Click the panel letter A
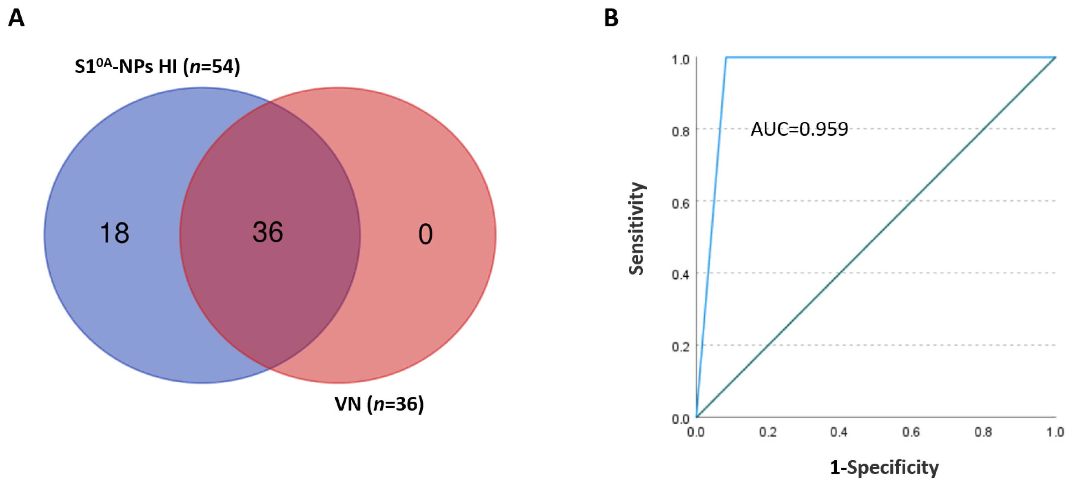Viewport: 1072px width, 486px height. pos(16,19)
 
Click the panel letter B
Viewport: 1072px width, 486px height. pos(611,19)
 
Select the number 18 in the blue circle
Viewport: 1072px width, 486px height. pos(115,233)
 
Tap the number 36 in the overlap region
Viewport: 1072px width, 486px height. pos(268,232)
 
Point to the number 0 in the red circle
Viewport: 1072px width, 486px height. pos(425,234)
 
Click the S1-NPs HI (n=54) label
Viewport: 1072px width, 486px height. pos(157,67)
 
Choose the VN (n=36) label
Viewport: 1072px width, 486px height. pos(379,404)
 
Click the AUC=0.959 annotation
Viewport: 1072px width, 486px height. pos(799,129)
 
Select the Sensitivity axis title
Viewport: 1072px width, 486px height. pos(636,228)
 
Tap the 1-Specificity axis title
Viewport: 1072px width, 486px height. pos(884,467)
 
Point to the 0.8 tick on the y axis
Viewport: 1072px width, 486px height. pos(680,131)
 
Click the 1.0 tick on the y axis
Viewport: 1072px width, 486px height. pos(680,60)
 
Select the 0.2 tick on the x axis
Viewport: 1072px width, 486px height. pos(768,432)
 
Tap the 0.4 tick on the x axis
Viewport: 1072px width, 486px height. pos(839,432)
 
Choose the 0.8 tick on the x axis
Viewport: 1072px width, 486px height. pos(983,432)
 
